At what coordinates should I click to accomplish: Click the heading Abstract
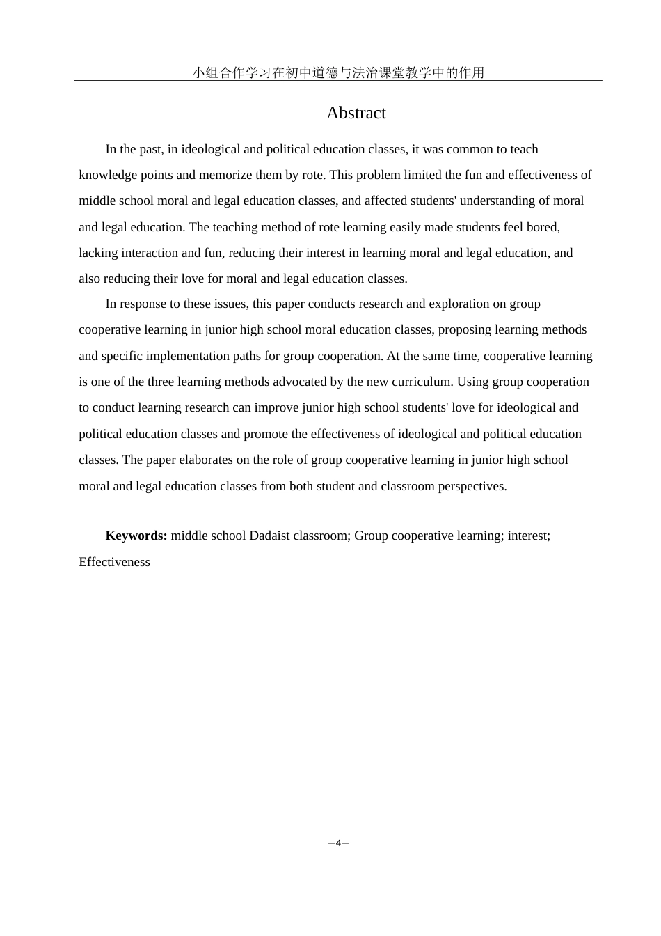click(356, 113)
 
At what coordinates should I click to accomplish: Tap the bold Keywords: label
click(136, 536)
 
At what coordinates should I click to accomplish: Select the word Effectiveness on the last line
click(114, 562)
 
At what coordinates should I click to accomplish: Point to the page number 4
click(338, 843)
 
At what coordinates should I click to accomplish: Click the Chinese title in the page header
click(338, 72)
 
